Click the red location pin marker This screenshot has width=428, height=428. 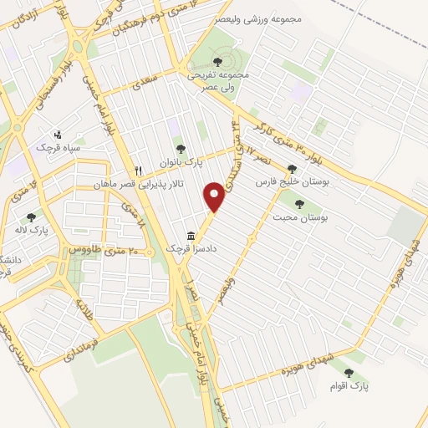coord(215,196)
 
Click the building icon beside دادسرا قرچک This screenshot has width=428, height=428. coord(191,236)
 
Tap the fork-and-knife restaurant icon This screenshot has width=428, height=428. coord(139,170)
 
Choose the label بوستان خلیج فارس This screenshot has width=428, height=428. coord(288,181)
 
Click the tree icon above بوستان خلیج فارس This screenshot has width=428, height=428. coord(291,168)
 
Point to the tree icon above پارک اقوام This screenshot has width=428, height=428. coord(349,373)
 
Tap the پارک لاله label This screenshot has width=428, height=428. coord(33,230)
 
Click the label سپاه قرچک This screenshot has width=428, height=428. coord(56,147)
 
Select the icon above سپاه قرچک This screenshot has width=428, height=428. coord(57,134)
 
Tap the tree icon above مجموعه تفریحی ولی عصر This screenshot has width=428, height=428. coord(218,60)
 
